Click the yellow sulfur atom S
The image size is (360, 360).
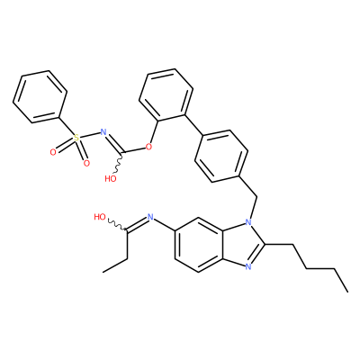pyautogui.click(x=76, y=138)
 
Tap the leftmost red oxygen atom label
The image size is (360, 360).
pyautogui.click(x=53, y=153)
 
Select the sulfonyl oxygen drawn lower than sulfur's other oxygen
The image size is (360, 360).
pyautogui.click(x=86, y=163)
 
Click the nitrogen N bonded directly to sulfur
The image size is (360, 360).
pyautogui.click(x=103, y=131)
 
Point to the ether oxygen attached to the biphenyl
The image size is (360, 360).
pyautogui.click(x=148, y=147)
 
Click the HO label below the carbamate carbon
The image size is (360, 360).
pyautogui.click(x=111, y=179)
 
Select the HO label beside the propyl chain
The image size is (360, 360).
pyautogui.click(x=100, y=217)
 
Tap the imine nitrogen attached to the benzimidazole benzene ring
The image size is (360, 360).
pyautogui.click(x=150, y=217)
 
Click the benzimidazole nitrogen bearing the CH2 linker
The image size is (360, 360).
pyautogui.click(x=248, y=222)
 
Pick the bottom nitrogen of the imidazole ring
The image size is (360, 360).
pyautogui.click(x=248, y=266)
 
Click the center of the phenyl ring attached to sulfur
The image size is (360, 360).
pyautogui.click(x=40, y=96)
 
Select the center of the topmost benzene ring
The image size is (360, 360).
pyautogui.click(x=166, y=94)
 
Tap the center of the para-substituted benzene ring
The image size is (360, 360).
pyautogui.click(x=221, y=156)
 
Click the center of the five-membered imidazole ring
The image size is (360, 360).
pyautogui.click(x=241, y=244)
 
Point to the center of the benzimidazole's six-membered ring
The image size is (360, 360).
pyautogui.click(x=198, y=244)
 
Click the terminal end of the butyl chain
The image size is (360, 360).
pyautogui.click(x=348, y=292)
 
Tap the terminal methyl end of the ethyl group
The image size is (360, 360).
pyautogui.click(x=103, y=273)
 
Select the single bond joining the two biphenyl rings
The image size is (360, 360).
pyautogui.click(x=194, y=125)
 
